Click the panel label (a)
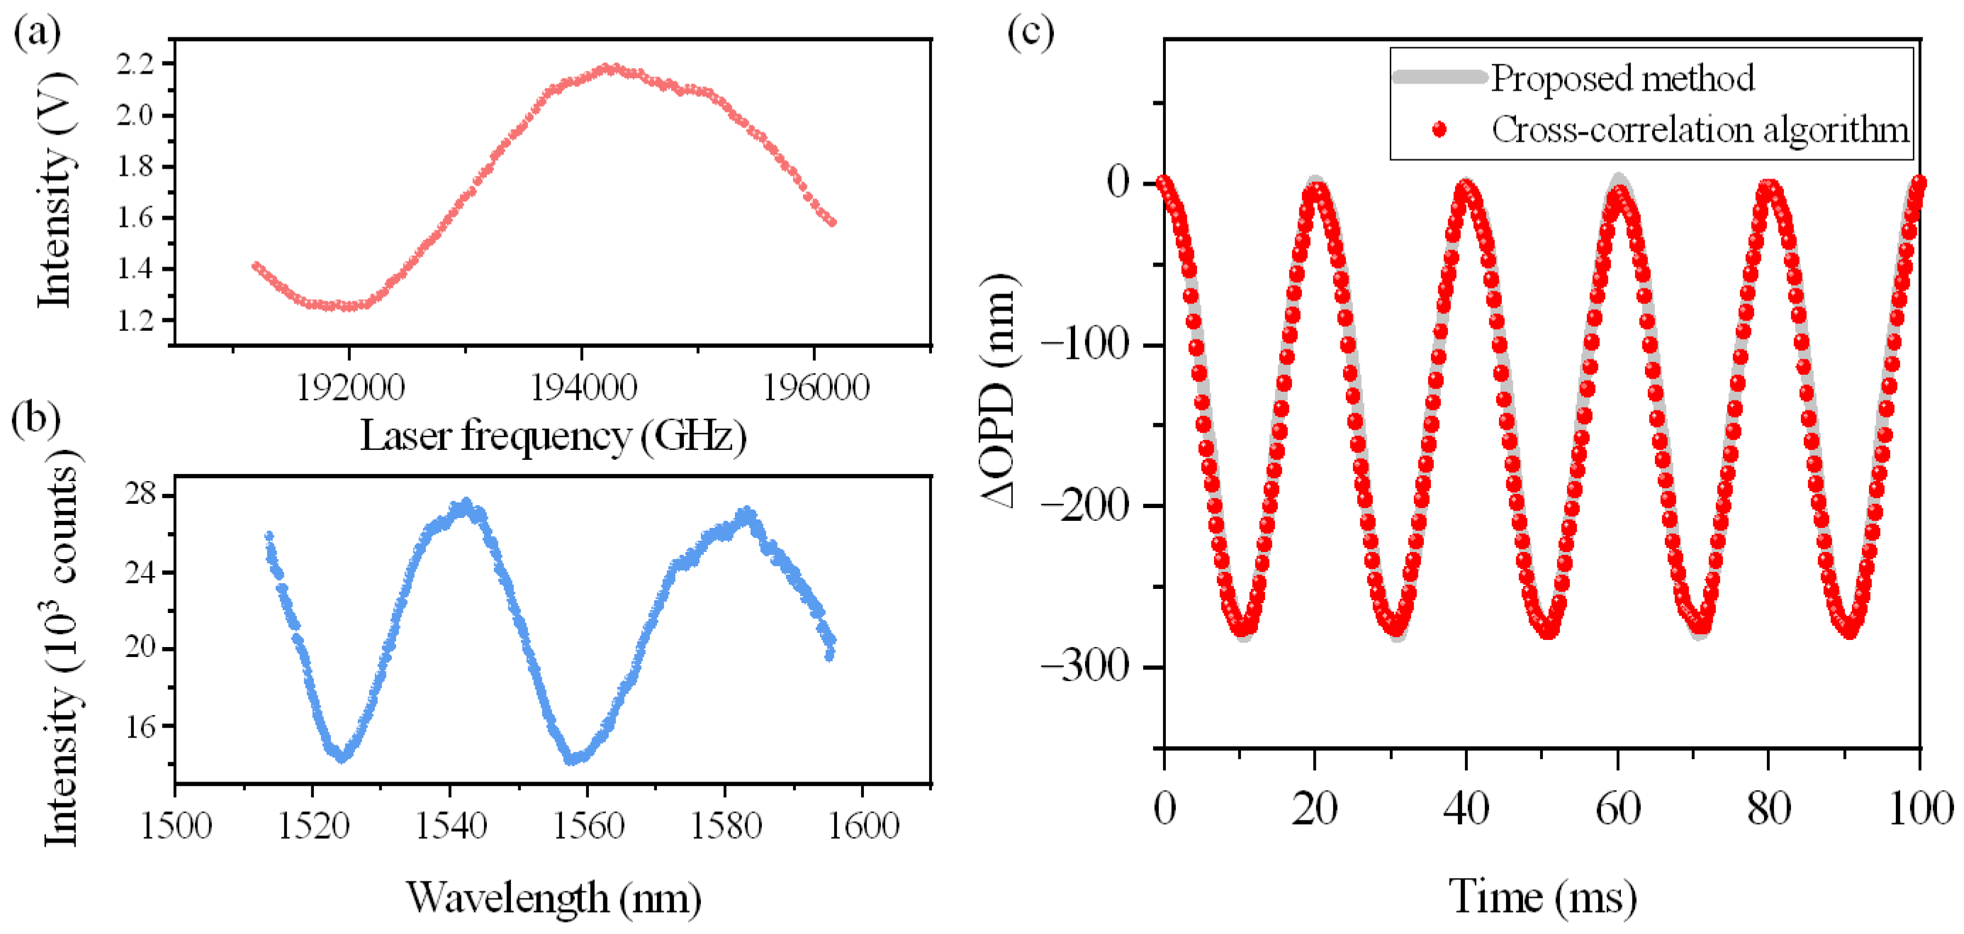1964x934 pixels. point(37,33)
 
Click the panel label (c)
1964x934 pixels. point(1031,33)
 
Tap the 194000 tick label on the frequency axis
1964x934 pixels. point(583,388)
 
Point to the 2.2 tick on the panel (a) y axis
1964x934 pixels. point(135,64)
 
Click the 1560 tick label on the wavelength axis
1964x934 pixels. point(588,826)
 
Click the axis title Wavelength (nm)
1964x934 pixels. point(553,897)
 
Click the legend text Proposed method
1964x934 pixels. point(1622,79)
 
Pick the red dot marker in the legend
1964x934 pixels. point(1439,130)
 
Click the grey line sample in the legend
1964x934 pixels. point(1439,77)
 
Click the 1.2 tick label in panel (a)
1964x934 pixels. point(135,320)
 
